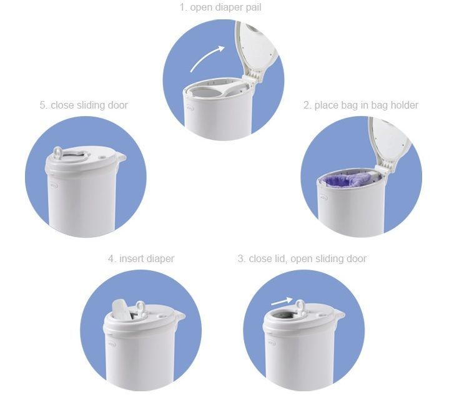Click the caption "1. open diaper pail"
click(x=220, y=7)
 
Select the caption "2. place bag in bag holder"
click(x=361, y=105)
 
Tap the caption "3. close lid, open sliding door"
click(x=302, y=259)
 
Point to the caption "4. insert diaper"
click(x=141, y=259)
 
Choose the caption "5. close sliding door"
click(x=84, y=105)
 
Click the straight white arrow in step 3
click(x=282, y=301)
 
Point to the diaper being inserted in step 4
click(x=119, y=308)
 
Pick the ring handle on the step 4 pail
click(x=141, y=307)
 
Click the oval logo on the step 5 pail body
click(x=54, y=185)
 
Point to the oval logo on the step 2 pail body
click(x=323, y=198)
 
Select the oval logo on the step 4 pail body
click(x=112, y=344)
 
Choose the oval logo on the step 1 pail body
click(x=190, y=108)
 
